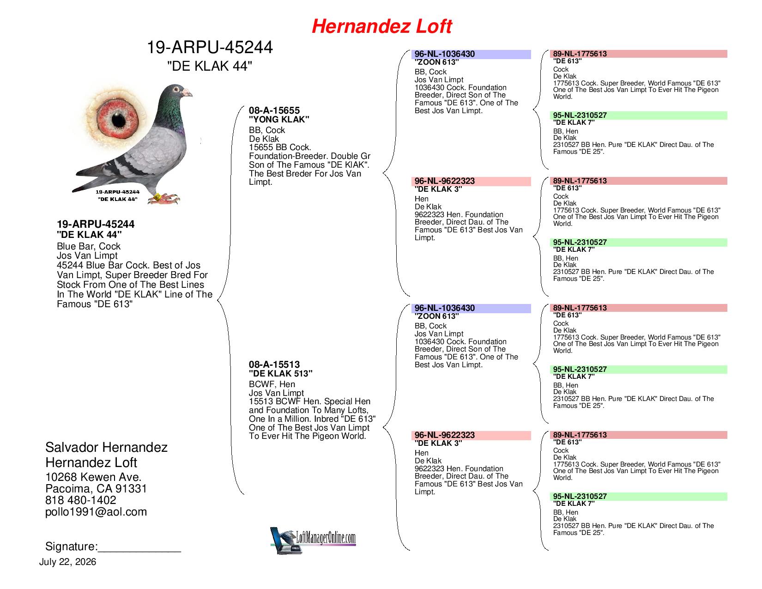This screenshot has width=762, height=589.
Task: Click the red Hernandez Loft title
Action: (381, 26)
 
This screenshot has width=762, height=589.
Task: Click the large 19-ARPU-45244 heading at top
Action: (210, 48)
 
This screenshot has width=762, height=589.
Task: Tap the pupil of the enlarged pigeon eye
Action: (119, 121)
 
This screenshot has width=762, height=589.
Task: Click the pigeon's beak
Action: (187, 92)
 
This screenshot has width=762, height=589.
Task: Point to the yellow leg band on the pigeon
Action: (157, 197)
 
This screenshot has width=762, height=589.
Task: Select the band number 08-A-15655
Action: (274, 110)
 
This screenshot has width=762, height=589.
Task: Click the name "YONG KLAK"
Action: (279, 119)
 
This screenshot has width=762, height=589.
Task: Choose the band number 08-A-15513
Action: (274, 364)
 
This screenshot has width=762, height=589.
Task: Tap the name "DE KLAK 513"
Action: (280, 373)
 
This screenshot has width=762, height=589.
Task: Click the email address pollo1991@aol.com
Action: (96, 512)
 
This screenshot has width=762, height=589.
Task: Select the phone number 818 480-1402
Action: (81, 500)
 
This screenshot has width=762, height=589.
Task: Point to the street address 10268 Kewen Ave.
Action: (93, 477)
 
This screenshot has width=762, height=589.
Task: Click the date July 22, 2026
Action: (67, 562)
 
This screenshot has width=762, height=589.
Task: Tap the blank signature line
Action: (139, 552)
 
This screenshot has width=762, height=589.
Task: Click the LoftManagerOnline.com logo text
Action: (326, 537)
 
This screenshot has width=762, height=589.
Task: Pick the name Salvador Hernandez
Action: (106, 447)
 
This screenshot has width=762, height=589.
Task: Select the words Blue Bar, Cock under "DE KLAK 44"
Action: (89, 246)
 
